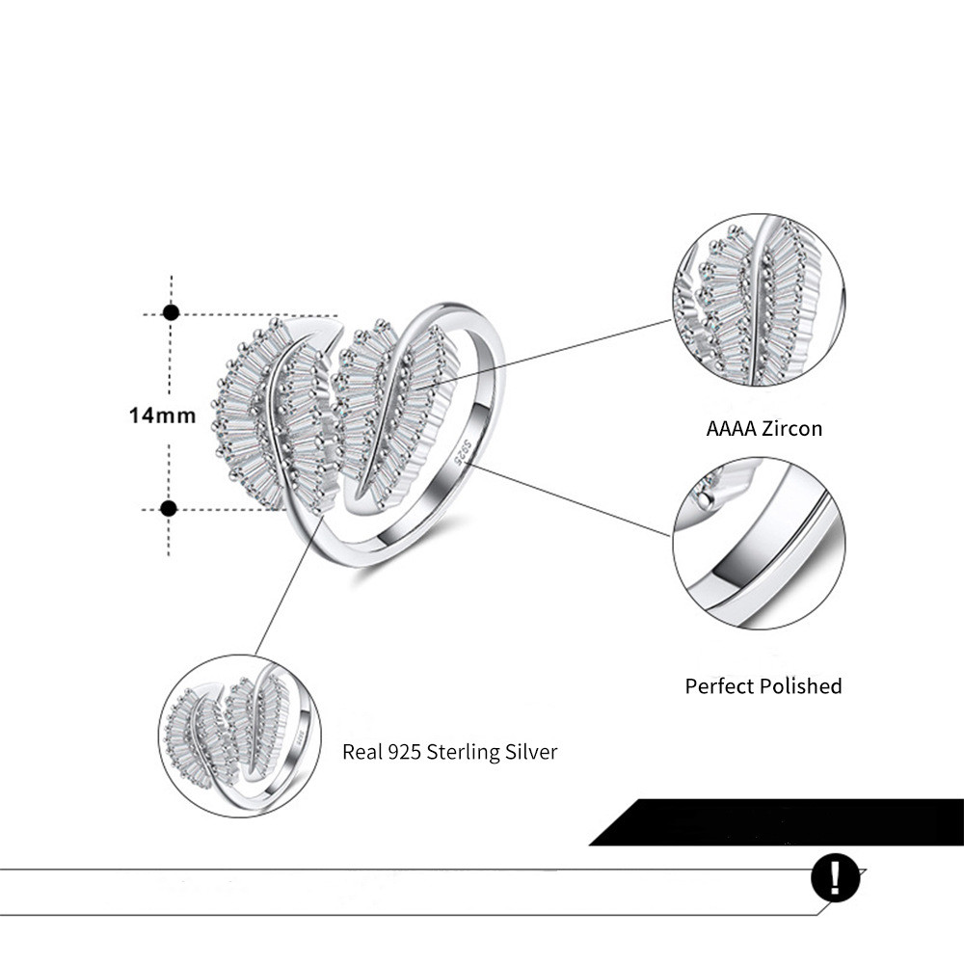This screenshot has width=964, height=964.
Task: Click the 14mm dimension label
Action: [162, 415]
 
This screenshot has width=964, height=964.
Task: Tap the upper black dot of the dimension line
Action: [171, 312]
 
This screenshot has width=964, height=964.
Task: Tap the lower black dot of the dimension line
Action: [169, 508]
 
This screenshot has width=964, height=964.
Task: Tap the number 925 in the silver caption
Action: [405, 752]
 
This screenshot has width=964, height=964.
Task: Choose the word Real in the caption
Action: [362, 752]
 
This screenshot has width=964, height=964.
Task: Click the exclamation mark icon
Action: [835, 877]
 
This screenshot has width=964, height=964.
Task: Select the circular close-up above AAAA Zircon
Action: [759, 300]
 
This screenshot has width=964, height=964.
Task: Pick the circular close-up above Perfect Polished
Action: [759, 544]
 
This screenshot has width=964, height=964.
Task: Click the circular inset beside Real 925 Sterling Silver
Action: [240, 736]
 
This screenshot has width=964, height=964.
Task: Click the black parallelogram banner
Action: [776, 822]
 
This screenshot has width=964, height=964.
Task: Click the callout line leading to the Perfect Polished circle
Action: [572, 499]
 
